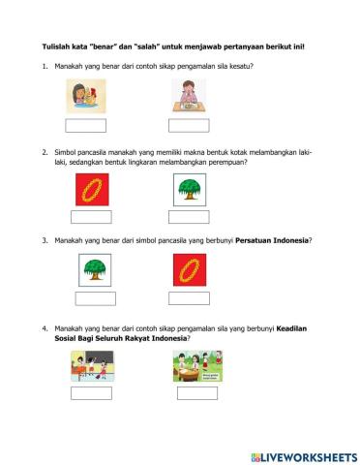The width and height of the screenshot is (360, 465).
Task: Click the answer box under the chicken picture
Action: coord(84,124)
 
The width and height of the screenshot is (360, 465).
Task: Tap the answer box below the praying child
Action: coord(189,124)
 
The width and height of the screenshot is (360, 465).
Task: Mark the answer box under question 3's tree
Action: coord(95,298)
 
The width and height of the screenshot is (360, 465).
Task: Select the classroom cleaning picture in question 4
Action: coord(90,365)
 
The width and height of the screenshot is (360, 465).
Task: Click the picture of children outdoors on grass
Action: coord(197,365)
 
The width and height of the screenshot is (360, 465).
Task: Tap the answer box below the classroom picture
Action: coord(90,392)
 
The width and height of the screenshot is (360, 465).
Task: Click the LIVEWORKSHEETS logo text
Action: coord(307,455)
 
